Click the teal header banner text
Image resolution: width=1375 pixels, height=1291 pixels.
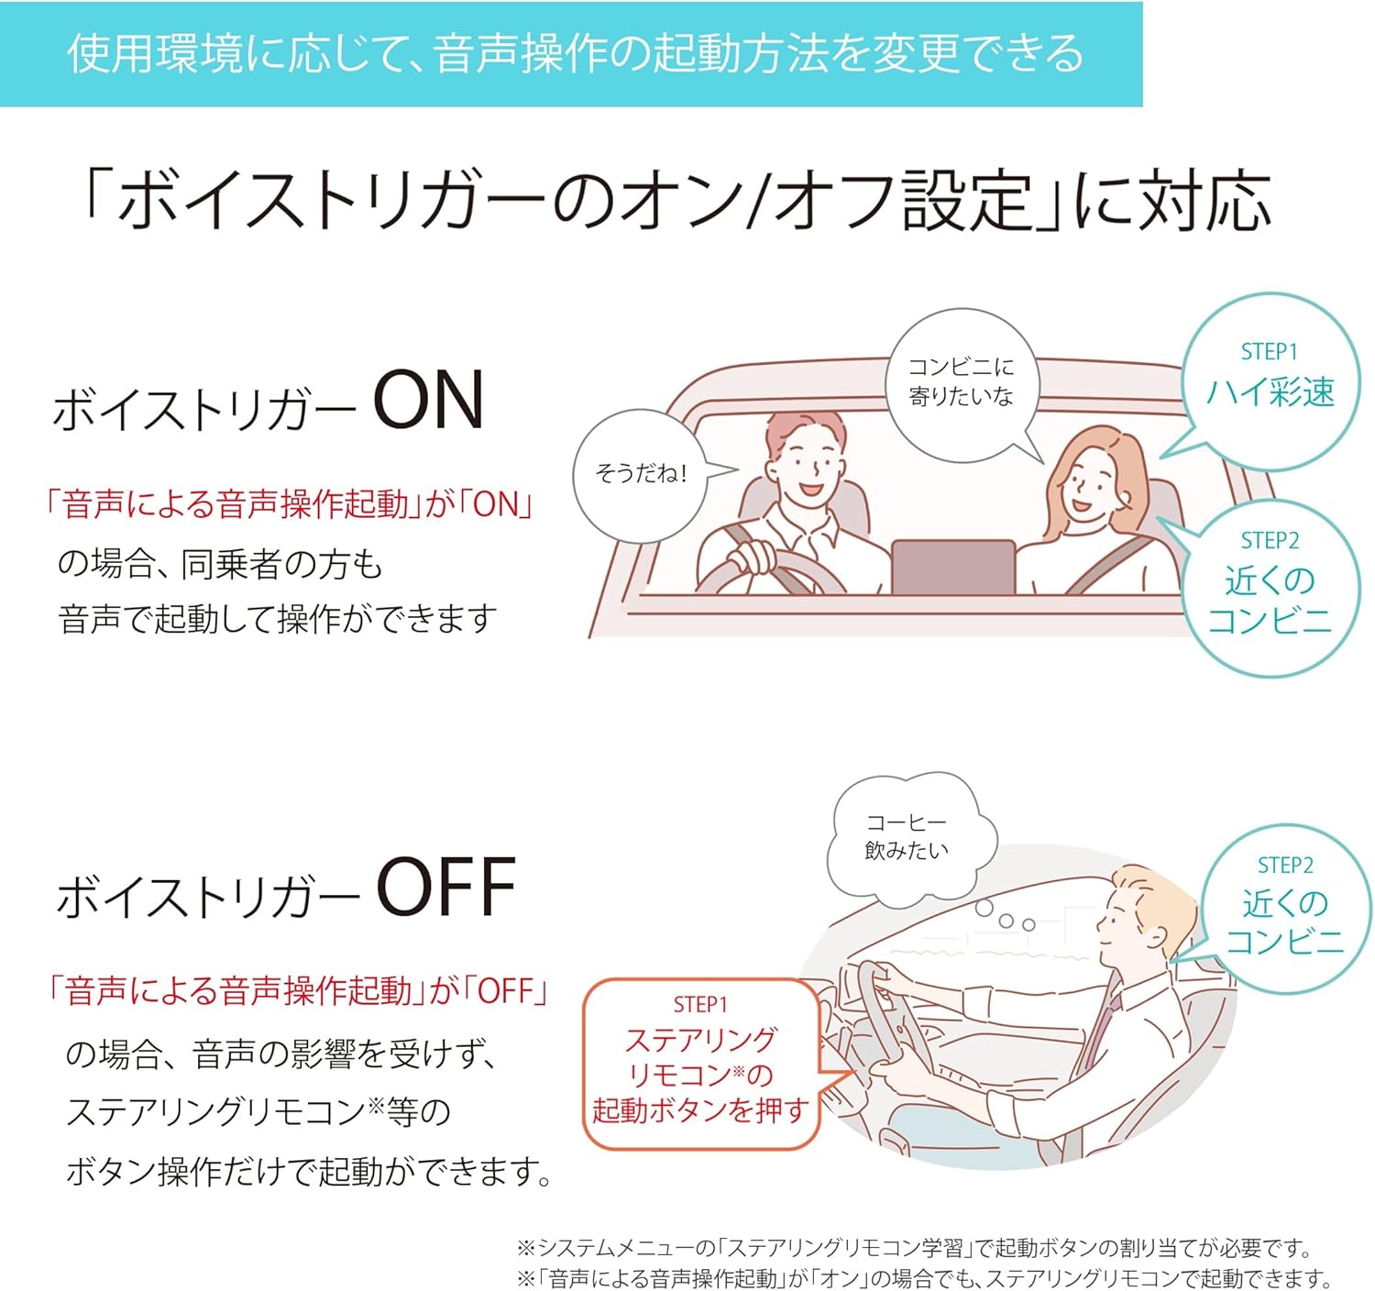(575, 54)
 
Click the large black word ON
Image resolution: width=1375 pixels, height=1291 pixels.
(429, 401)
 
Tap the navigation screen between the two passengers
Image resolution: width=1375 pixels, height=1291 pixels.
(952, 567)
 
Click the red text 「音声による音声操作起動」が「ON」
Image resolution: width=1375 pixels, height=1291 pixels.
(290, 505)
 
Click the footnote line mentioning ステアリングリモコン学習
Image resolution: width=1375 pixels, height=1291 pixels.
(915, 1248)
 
